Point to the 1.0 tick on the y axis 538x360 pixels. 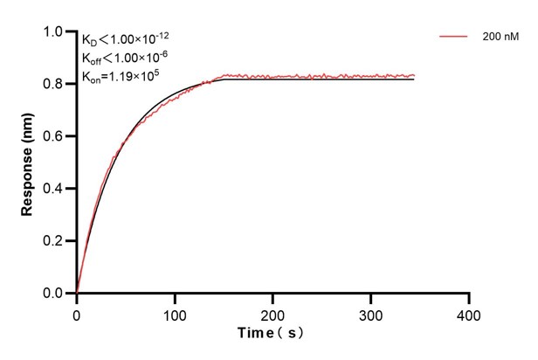point(54,32)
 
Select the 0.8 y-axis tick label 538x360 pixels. point(54,85)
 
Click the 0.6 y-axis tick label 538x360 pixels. point(54,137)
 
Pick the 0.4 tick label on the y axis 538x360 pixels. point(54,189)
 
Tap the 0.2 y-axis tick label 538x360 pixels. point(54,241)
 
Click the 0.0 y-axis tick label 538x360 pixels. point(54,294)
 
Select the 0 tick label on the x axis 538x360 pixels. point(77,313)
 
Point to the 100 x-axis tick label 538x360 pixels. point(175,313)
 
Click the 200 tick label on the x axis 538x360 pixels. point(273,313)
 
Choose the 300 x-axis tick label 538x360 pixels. point(371,313)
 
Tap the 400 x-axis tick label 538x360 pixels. point(470,313)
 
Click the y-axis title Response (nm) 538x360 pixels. point(27,163)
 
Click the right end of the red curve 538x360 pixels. point(414,75)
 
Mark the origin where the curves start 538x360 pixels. point(77,294)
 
